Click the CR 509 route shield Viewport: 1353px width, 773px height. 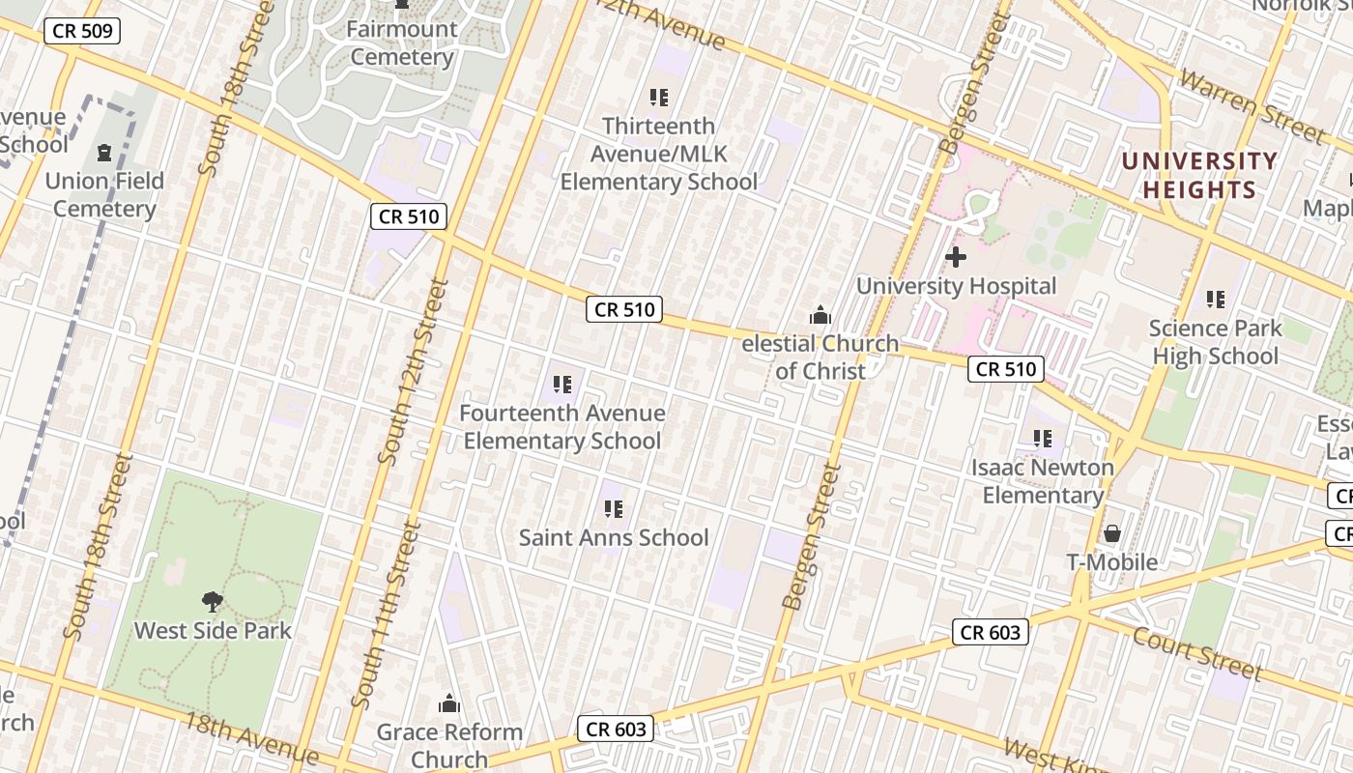pyautogui.click(x=82, y=31)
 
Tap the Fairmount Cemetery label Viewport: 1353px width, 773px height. pyautogui.click(x=402, y=43)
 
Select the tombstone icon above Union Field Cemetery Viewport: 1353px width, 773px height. pyautogui.click(x=104, y=153)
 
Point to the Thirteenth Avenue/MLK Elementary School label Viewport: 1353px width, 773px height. pyautogui.click(x=659, y=154)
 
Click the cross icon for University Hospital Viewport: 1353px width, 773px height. pyautogui.click(x=956, y=257)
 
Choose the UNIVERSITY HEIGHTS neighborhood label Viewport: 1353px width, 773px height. pyautogui.click(x=1198, y=175)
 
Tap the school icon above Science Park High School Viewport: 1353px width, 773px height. pyautogui.click(x=1216, y=300)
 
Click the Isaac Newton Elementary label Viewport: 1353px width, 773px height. pyautogui.click(x=1043, y=481)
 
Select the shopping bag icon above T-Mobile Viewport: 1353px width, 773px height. pyautogui.click(x=1112, y=533)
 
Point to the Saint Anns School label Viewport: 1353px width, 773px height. pyautogui.click(x=614, y=537)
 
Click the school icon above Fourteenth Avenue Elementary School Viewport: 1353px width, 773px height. pyautogui.click(x=562, y=385)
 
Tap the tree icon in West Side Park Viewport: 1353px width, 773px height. pyautogui.click(x=213, y=602)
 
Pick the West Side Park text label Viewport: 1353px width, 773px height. pyautogui.click(x=213, y=631)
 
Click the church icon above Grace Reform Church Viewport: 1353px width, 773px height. pyautogui.click(x=449, y=703)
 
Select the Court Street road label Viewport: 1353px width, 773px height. pyautogui.click(x=1197, y=653)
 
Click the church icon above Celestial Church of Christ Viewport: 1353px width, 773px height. pyautogui.click(x=820, y=315)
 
